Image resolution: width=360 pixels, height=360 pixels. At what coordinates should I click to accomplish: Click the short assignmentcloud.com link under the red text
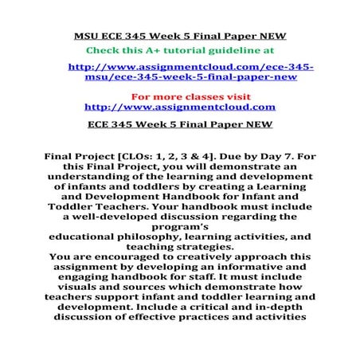pos(179,106)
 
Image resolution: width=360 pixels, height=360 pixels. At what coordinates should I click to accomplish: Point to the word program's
pos(179,225)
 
